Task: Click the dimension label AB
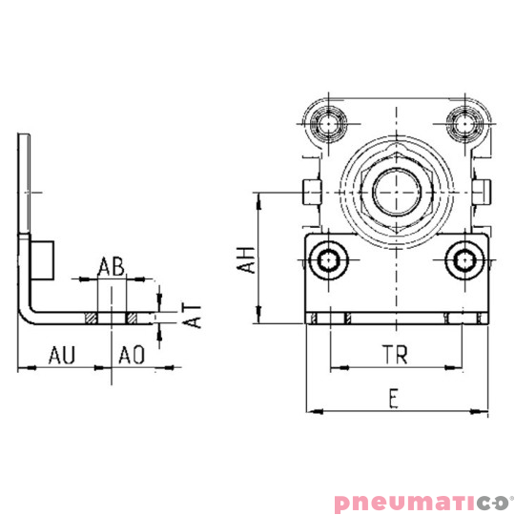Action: tap(113, 267)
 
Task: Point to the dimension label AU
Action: tap(62, 356)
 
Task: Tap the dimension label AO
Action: tap(131, 356)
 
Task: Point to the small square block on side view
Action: tap(43, 259)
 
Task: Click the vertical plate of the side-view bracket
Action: tap(26, 191)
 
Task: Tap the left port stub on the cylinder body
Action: tap(309, 191)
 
